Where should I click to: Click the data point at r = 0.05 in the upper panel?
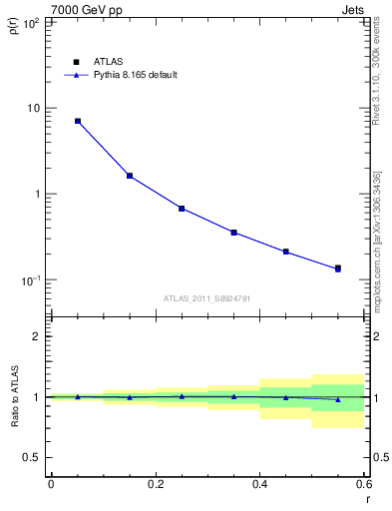point(78,121)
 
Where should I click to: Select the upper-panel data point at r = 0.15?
point(130,176)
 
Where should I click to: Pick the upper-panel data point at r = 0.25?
point(182,209)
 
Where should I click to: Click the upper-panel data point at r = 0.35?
point(233,233)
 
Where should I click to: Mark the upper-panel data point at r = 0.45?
point(286,252)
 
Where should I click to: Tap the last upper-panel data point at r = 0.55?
point(338,268)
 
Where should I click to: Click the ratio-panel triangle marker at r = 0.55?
point(338,399)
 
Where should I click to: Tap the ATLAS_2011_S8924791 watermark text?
point(205,297)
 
